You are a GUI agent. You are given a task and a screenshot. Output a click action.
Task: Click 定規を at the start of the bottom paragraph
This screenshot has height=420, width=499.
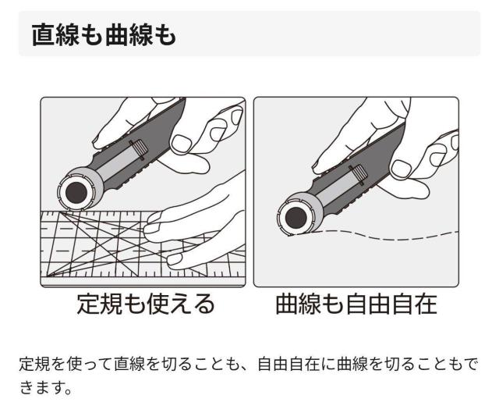tap(41, 363)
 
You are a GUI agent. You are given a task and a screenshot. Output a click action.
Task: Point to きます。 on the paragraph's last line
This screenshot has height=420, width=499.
tap(47, 387)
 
